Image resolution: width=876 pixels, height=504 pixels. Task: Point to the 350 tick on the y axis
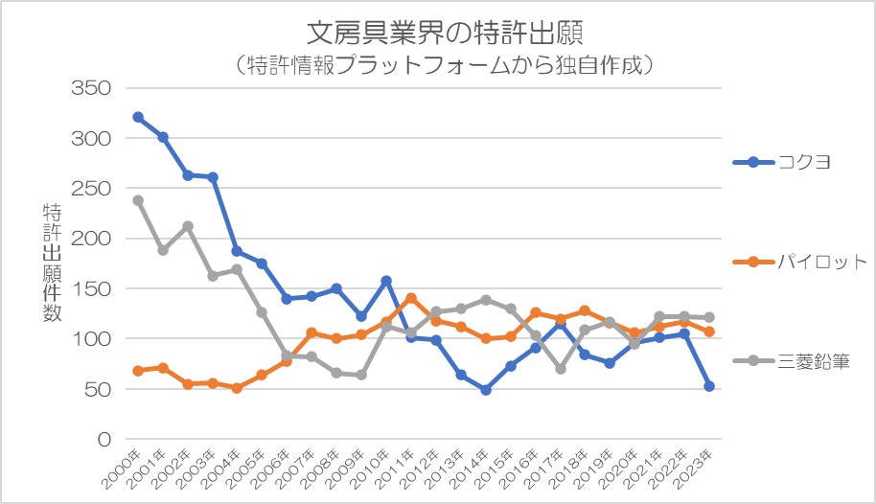pyautogui.click(x=93, y=88)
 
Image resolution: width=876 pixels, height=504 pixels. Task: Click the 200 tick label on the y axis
pyautogui.click(x=93, y=239)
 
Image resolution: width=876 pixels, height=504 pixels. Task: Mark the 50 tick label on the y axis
pyautogui.click(x=99, y=389)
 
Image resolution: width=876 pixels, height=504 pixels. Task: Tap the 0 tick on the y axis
pyautogui.click(x=105, y=439)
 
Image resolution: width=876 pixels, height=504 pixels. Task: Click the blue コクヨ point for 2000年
pyautogui.click(x=138, y=117)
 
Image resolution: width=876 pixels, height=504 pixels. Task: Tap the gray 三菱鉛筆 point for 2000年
pyautogui.click(x=138, y=200)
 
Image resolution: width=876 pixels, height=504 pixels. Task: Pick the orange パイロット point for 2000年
pyautogui.click(x=138, y=371)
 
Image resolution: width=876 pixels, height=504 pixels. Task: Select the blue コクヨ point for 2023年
pyautogui.click(x=709, y=386)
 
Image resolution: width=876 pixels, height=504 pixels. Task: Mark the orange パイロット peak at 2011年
pyautogui.click(x=411, y=298)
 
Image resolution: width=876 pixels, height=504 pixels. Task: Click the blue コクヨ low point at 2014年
pyautogui.click(x=486, y=390)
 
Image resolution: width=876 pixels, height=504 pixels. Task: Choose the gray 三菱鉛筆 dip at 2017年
pyautogui.click(x=561, y=369)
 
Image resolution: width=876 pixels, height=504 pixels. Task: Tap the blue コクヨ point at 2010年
pyautogui.click(x=386, y=281)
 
